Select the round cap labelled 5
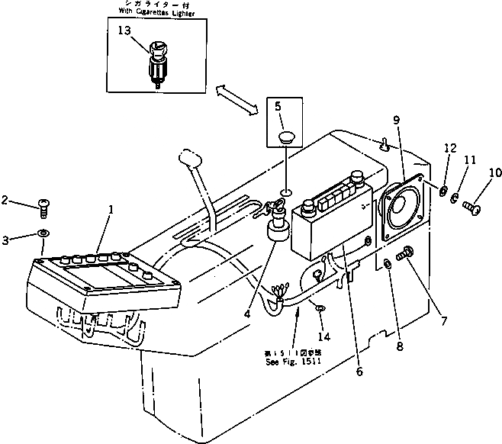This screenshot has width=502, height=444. click(286, 138)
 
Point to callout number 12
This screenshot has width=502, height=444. click(450, 148)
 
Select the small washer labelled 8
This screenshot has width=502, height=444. click(388, 264)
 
